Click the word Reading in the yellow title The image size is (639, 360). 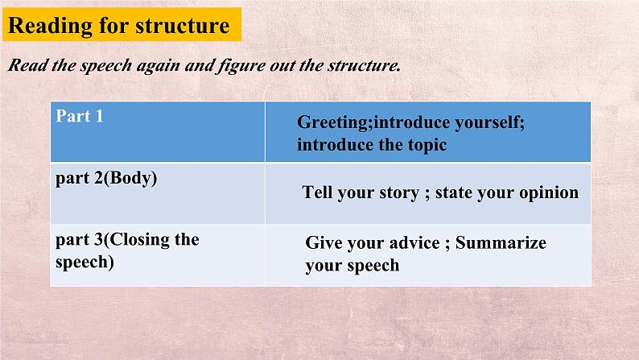51,26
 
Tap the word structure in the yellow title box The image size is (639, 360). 183,26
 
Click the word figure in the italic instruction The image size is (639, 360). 241,66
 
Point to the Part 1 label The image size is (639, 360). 80,116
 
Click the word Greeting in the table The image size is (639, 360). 332,122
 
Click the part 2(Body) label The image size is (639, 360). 106,178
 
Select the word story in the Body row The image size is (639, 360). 399,192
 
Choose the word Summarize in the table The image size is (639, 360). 501,243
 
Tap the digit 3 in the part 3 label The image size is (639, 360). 98,240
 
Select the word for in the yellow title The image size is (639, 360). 114,26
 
